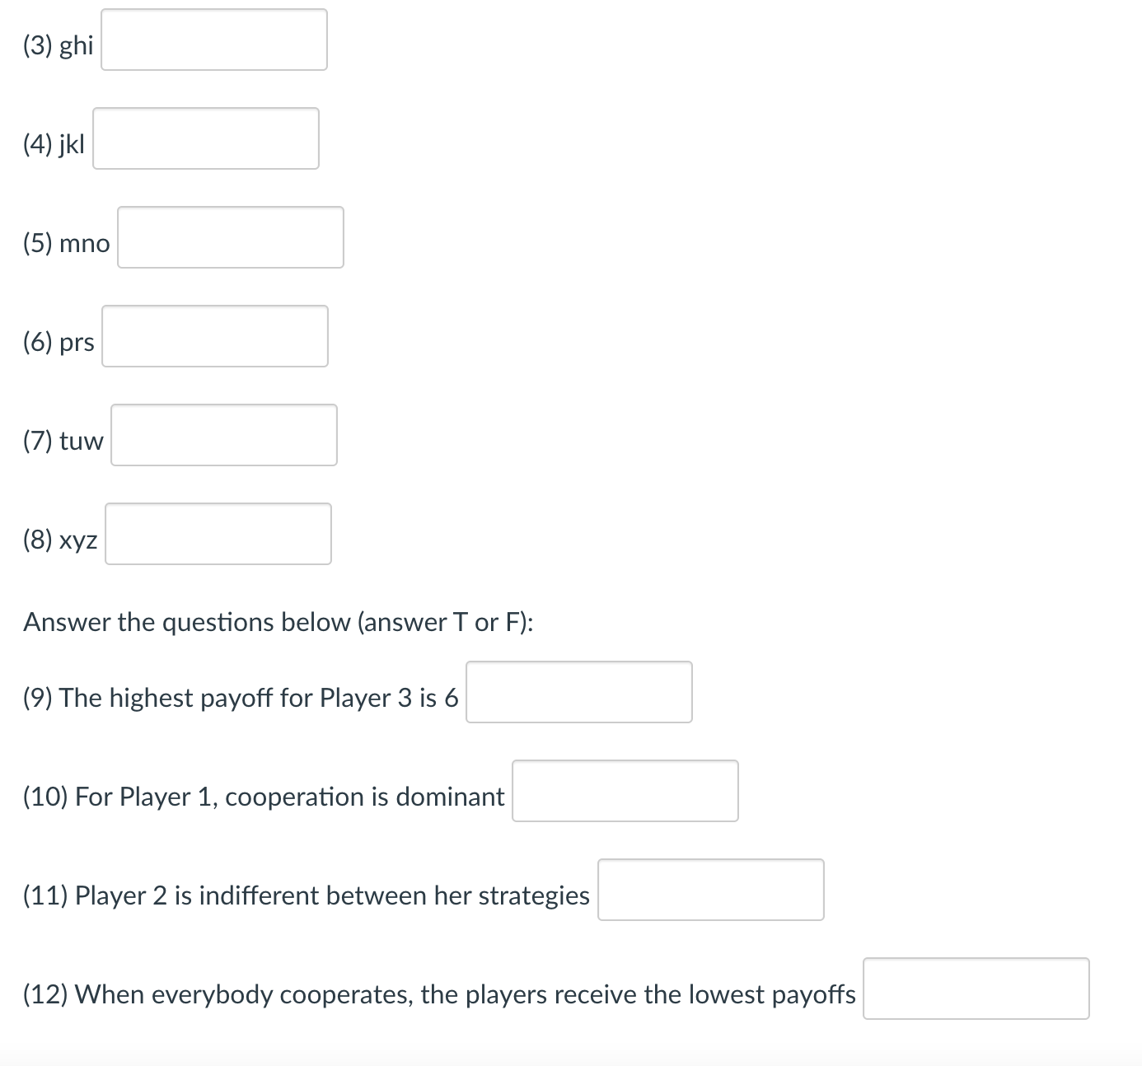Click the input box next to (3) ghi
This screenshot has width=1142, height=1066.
coord(213,40)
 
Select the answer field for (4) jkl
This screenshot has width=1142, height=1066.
coord(205,138)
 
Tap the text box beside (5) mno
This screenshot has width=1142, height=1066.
coord(230,237)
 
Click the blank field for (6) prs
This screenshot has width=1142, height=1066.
coord(214,336)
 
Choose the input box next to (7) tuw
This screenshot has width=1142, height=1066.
coord(223,435)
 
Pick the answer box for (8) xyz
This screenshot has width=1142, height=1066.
coord(218,534)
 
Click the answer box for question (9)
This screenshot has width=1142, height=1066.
coord(578,692)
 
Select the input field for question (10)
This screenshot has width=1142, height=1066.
coord(625,791)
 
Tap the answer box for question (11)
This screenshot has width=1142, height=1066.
coord(710,890)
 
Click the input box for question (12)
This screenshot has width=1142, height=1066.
coord(976,989)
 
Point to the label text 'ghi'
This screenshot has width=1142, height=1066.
coord(77,45)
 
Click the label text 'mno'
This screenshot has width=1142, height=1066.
coord(84,244)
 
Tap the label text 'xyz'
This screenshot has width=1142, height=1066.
coord(78,540)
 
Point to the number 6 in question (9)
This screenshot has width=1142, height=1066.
coord(451,699)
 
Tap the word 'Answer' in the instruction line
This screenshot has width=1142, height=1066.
coord(67,622)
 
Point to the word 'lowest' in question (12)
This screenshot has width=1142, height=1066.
coord(726,994)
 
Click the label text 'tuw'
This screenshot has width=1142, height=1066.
coord(81,442)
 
